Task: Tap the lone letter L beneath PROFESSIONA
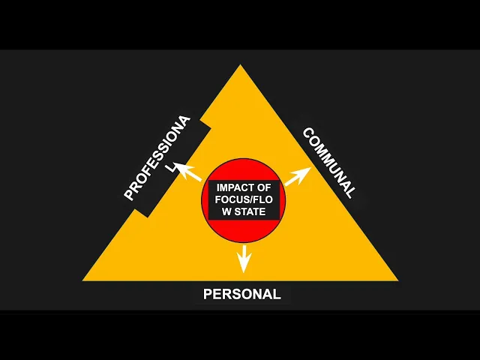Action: [x=172, y=169]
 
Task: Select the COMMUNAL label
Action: [x=328, y=162]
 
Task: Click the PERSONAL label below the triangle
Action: [x=241, y=294]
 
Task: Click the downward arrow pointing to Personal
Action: [x=242, y=258]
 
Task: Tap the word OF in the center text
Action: [x=263, y=187]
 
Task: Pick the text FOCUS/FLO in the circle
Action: [x=241, y=199]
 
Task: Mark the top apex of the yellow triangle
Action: [x=241, y=66]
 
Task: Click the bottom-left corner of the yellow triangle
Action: [x=85, y=280]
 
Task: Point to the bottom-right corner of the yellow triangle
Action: [x=396, y=280]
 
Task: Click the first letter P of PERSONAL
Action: [x=208, y=294]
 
